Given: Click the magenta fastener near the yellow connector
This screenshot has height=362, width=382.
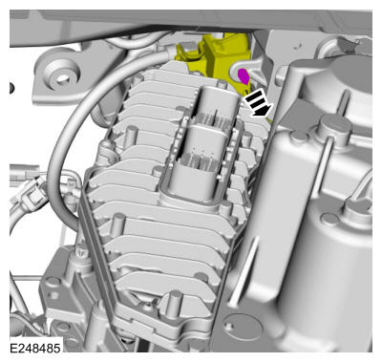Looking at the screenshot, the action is pyautogui.click(x=244, y=76).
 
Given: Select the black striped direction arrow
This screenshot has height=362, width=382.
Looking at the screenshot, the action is pyautogui.click(x=260, y=103).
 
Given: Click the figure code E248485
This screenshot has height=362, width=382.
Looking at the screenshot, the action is pyautogui.click(x=35, y=348).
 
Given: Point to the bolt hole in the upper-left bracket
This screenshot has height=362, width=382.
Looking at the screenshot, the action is pyautogui.click(x=63, y=78).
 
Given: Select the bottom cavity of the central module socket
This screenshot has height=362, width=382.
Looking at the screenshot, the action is pyautogui.click(x=195, y=181).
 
